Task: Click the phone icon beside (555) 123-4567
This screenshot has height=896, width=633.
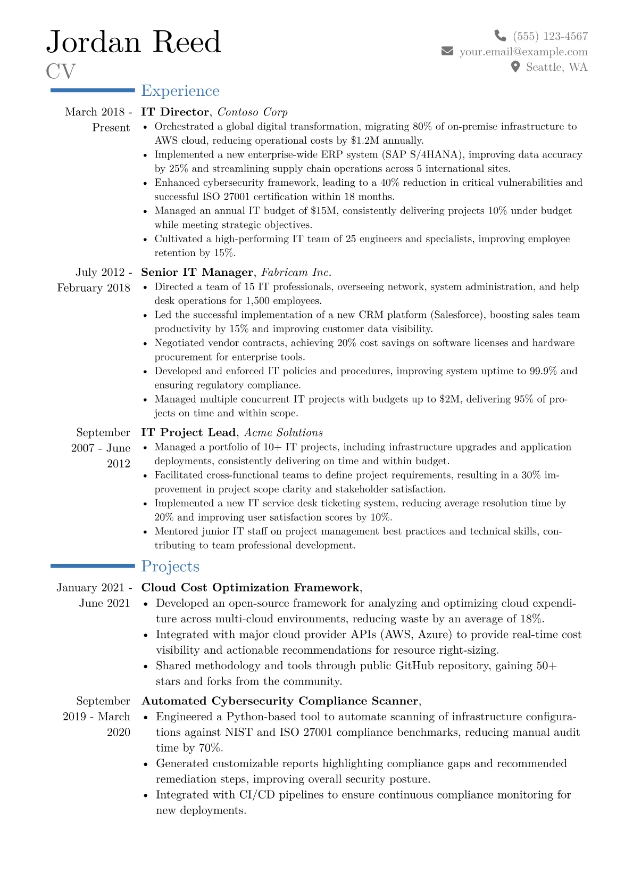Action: click(500, 36)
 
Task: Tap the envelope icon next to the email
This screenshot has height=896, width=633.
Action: click(447, 52)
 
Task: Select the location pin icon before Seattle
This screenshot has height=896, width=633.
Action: click(515, 67)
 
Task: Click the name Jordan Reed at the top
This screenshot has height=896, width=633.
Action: click(134, 42)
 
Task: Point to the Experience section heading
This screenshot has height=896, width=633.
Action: click(180, 91)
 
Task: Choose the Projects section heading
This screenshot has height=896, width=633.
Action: click(170, 566)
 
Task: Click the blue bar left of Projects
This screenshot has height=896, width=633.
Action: click(93, 566)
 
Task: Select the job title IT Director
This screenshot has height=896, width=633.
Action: click(175, 112)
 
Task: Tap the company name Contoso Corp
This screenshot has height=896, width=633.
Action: click(253, 112)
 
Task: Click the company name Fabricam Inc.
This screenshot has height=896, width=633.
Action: click(296, 273)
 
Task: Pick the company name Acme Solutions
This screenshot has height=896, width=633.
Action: click(284, 433)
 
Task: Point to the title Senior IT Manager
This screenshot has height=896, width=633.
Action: click(197, 273)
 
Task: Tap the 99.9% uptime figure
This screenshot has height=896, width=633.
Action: click(543, 371)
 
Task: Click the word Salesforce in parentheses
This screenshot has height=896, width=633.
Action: click(457, 315)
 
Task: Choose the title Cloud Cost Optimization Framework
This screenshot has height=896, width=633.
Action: click(250, 588)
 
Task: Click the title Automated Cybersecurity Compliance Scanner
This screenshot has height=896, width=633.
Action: click(280, 701)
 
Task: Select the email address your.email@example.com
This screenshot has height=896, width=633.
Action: click(523, 52)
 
